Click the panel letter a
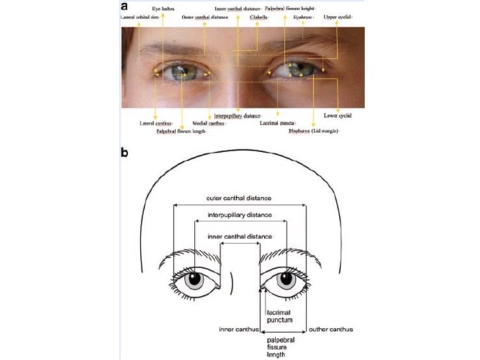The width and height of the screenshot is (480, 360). [125, 7]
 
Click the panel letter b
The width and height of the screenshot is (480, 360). [125, 152]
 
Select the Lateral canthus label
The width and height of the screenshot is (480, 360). [156, 123]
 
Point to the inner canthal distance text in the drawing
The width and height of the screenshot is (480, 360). [240, 237]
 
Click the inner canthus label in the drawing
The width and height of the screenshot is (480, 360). [238, 329]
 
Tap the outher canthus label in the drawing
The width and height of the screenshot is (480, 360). [331, 329]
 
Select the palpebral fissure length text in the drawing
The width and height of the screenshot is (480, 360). [275, 347]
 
